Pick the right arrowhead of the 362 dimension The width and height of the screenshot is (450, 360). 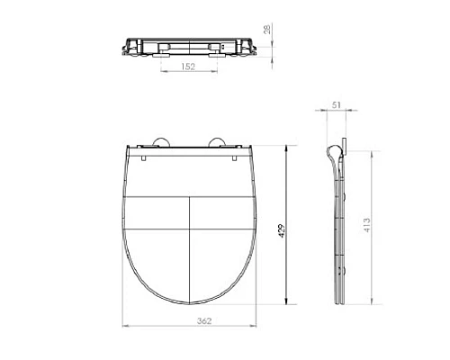pos(257,325)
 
